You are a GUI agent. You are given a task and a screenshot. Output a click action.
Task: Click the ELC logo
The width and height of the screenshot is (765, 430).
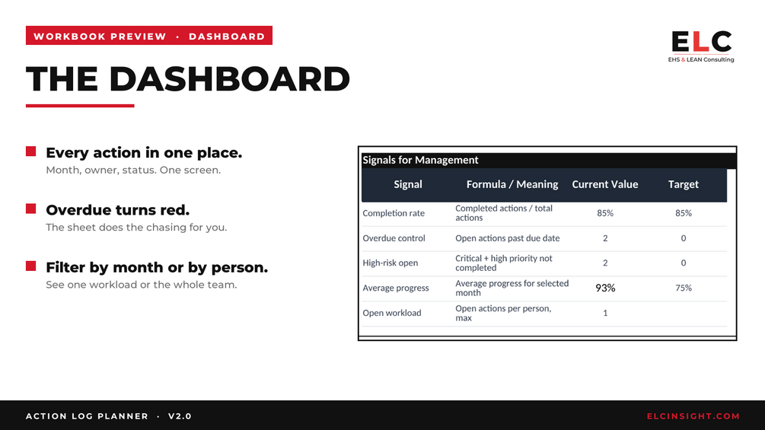point(701,46)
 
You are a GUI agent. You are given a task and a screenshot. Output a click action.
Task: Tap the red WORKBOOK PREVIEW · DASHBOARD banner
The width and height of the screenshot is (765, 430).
point(148,36)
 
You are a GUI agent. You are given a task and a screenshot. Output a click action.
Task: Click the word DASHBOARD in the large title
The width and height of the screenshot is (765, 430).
point(229,79)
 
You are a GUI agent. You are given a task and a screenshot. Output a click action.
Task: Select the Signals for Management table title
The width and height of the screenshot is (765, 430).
point(420,160)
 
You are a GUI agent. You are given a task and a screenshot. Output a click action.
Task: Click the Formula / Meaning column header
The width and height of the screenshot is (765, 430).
point(512,184)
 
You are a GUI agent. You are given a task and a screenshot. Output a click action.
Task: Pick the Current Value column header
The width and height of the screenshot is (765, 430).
point(605,184)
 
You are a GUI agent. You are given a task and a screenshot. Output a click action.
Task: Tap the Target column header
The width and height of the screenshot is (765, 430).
point(683,184)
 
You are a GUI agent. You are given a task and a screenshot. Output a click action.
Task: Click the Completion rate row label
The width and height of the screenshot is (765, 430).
point(394,213)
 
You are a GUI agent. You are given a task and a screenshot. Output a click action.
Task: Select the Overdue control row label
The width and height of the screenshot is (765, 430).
point(394,238)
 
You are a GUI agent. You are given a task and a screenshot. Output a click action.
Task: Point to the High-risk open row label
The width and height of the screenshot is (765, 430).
point(390,263)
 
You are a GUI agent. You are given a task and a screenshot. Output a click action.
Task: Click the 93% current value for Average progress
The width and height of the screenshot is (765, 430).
point(605,288)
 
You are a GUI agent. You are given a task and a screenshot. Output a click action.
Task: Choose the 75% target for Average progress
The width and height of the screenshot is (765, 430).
point(683,288)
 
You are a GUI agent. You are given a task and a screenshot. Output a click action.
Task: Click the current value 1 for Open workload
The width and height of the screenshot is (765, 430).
point(605,313)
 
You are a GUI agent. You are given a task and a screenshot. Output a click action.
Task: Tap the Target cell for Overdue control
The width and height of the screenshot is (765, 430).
point(683,238)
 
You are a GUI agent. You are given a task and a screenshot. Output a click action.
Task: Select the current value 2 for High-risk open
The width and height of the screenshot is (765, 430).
point(605,263)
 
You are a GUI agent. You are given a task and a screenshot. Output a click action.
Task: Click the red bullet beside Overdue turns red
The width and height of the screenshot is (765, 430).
point(30,209)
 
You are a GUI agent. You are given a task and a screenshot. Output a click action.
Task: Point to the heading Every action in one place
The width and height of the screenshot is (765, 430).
point(144,153)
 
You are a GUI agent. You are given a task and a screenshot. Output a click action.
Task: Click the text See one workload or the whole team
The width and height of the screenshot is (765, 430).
point(141,285)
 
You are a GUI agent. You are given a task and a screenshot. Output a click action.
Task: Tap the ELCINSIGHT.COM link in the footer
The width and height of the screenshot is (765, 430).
point(693,416)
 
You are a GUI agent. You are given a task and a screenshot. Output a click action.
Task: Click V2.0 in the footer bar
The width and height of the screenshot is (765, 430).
point(180,416)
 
